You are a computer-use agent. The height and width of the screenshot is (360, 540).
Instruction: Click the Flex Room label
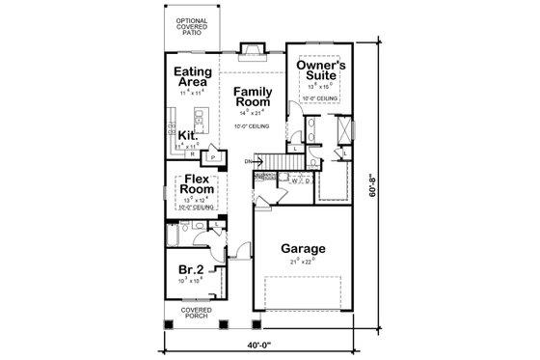coord(197,184)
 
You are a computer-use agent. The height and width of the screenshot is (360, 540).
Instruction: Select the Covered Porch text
coord(195,313)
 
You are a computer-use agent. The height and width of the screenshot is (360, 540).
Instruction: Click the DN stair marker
coord(249,161)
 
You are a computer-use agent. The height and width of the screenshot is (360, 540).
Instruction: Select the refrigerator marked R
coord(193,153)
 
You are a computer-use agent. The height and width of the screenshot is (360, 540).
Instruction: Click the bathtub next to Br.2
coord(172,235)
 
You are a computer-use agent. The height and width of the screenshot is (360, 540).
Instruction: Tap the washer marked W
coord(294,180)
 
